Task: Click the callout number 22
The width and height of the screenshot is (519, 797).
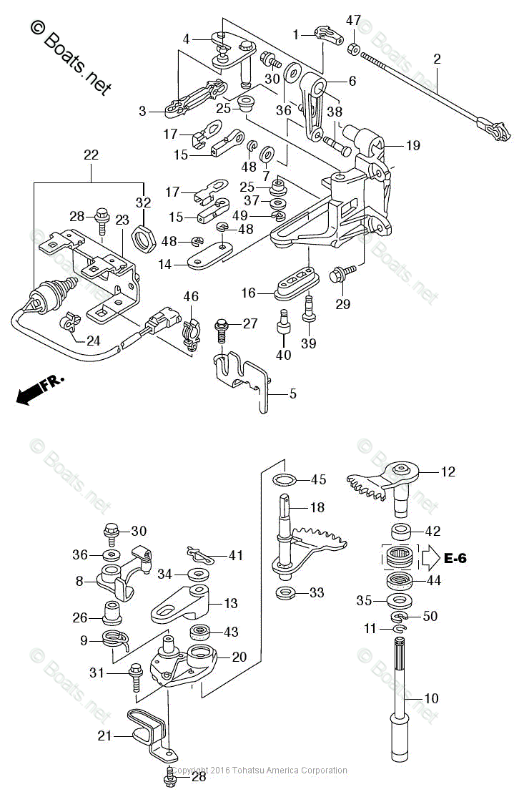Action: coord(91,155)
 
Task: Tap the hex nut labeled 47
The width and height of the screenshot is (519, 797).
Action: coord(353,49)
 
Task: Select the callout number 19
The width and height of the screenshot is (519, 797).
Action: coord(413,146)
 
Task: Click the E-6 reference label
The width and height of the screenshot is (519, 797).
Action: coord(455,558)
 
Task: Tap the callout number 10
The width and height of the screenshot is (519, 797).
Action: coord(431,698)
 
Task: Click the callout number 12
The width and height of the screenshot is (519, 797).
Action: coord(448,471)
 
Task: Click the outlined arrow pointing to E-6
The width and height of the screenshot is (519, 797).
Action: coord(429,557)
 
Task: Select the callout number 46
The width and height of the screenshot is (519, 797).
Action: coord(190,296)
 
